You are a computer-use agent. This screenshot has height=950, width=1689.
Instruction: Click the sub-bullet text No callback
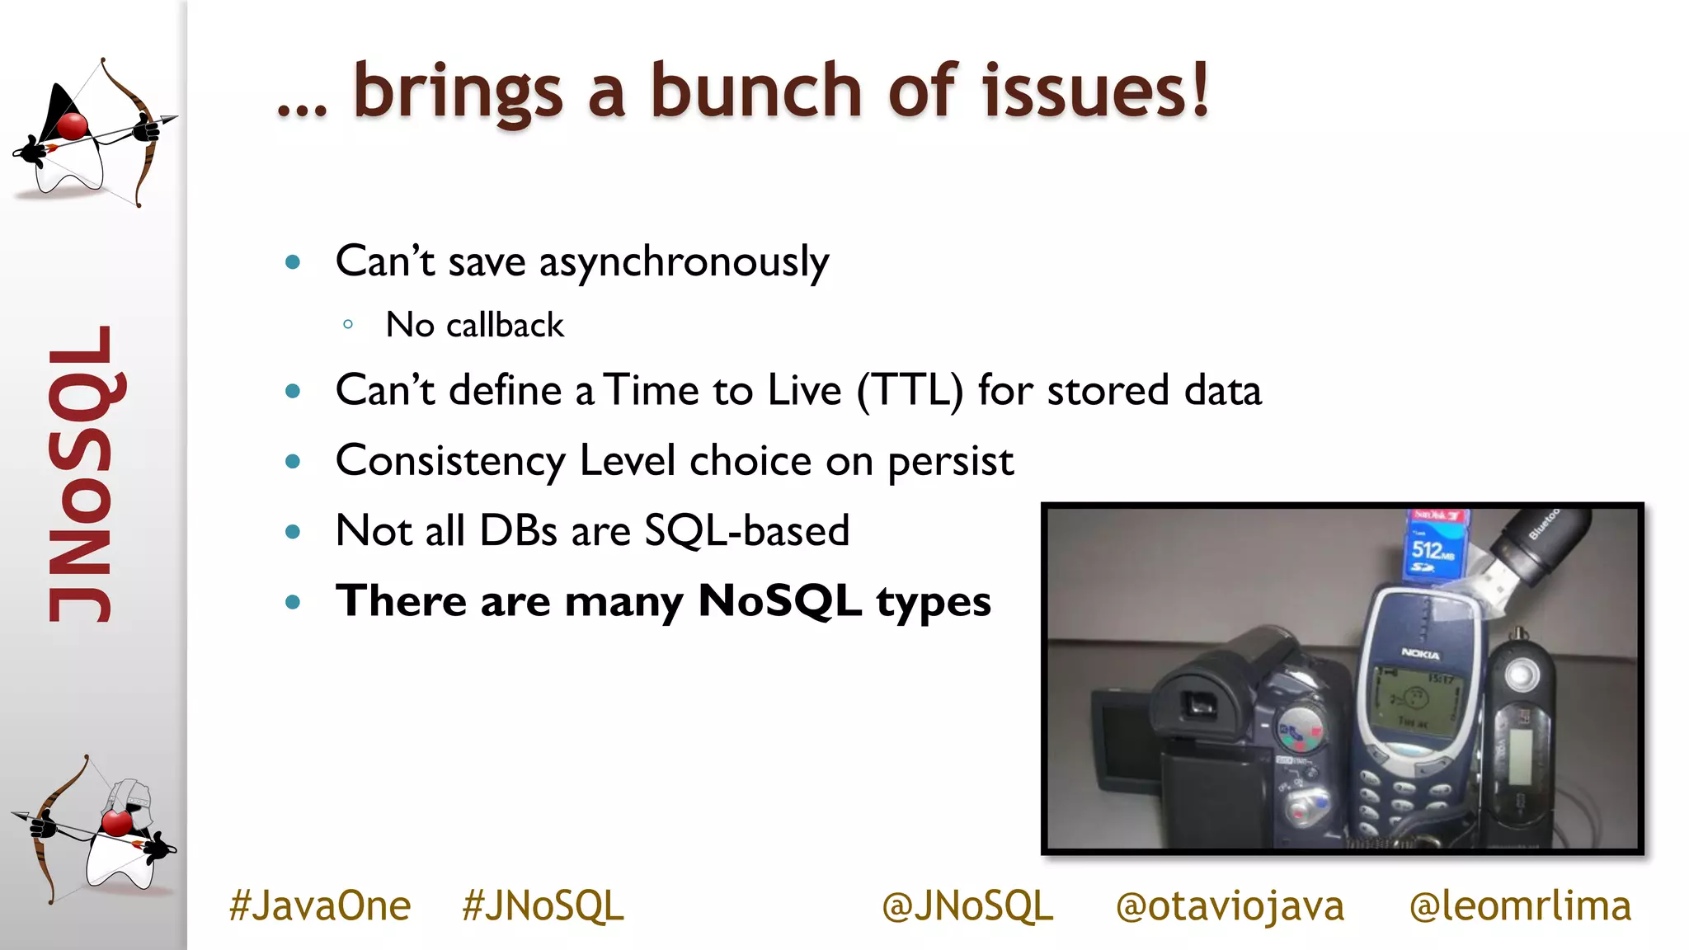(475, 325)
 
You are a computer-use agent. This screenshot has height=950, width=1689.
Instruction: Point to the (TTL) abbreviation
(910, 390)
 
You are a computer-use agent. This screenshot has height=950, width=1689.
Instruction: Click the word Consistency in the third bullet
(449, 461)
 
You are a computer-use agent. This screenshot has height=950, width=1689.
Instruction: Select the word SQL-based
(746, 530)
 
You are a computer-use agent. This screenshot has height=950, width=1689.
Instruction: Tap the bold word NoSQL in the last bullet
(779, 600)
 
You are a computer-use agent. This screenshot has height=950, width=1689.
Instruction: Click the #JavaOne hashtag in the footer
(319, 905)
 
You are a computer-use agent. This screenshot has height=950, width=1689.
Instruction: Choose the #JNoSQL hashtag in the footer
(543, 905)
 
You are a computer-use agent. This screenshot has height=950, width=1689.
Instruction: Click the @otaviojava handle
(1230, 905)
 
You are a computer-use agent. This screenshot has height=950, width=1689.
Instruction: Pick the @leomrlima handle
(1520, 905)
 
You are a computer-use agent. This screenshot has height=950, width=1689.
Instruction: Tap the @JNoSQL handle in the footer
(967, 905)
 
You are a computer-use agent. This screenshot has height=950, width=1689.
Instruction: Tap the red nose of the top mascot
(72, 127)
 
